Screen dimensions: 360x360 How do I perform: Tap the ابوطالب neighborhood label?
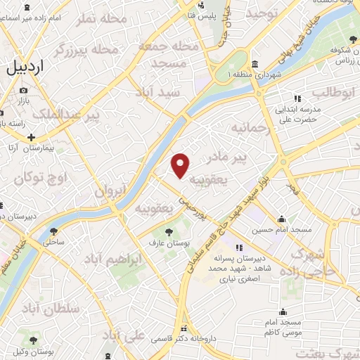point(331,92)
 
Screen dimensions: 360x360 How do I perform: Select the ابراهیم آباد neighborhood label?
point(136,260)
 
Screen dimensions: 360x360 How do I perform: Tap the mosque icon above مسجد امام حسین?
point(282,219)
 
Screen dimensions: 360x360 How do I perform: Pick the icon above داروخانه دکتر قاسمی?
point(184,328)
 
